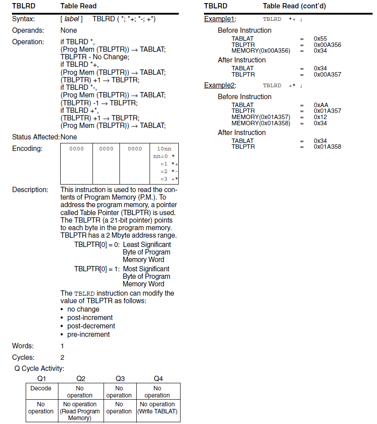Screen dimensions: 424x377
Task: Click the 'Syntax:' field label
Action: [23, 19]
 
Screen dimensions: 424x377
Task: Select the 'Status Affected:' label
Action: [36, 137]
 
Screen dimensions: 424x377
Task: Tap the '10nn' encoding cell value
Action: [164, 149]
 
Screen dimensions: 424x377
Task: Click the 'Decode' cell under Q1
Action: [41, 388]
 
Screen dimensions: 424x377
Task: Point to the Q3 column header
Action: [120, 378]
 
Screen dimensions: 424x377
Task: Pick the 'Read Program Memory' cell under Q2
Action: [80, 411]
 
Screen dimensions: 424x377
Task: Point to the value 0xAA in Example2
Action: [321, 105]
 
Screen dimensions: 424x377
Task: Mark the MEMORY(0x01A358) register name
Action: [261, 123]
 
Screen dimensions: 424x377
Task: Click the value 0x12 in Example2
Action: [320, 117]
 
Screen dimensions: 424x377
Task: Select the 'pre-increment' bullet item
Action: [88, 335]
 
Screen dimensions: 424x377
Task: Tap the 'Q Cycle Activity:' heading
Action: [39, 368]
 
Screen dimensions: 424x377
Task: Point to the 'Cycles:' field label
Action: [23, 357]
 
